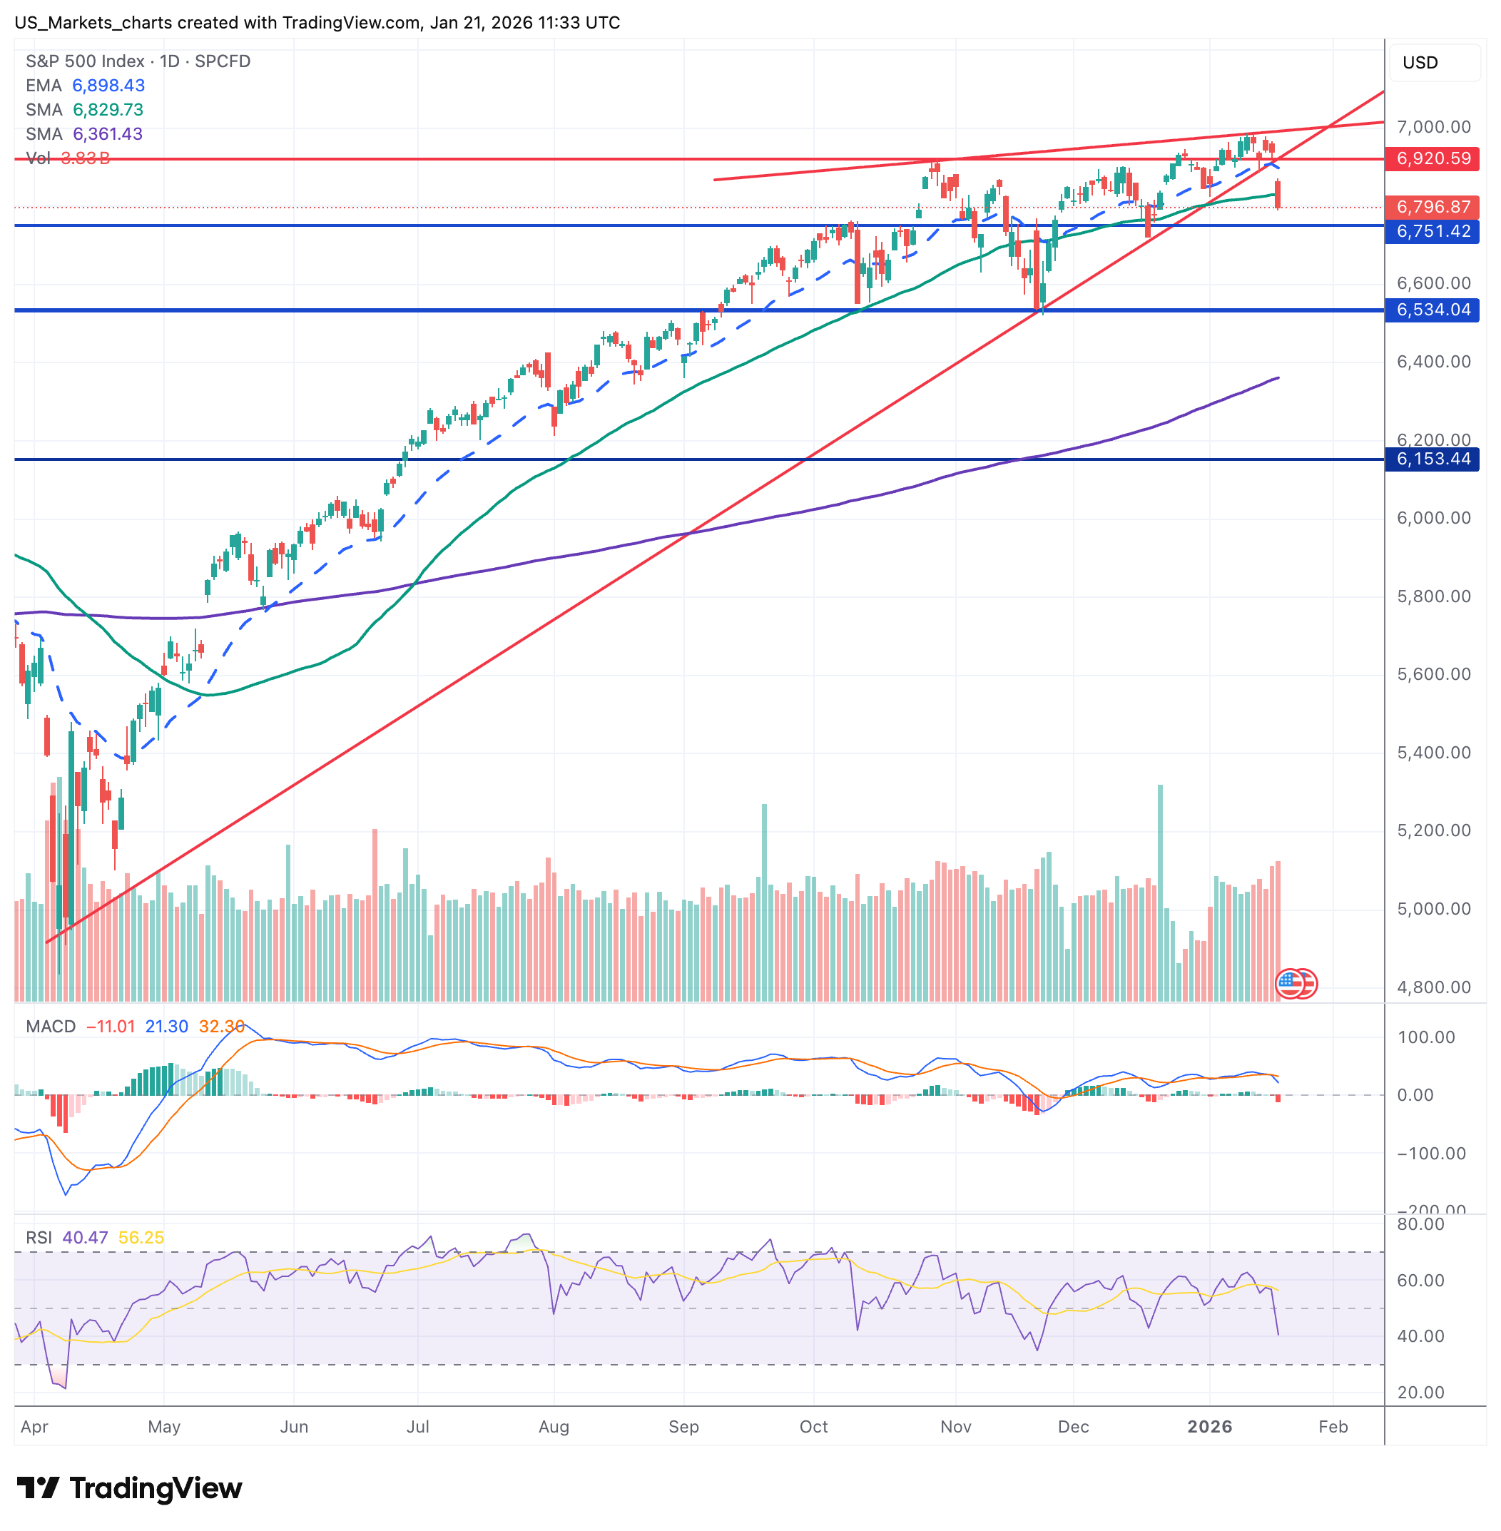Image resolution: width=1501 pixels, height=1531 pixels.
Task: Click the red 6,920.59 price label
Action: point(1433,158)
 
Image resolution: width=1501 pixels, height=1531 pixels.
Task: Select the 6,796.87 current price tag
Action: point(1433,207)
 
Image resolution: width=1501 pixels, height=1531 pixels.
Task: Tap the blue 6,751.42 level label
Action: point(1433,231)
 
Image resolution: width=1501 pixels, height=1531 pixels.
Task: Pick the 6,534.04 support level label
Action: point(1433,310)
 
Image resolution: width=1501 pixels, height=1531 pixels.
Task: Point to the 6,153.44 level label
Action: point(1433,459)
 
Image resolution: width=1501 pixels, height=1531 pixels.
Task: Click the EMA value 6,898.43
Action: point(108,85)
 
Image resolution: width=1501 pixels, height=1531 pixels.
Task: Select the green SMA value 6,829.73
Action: point(108,110)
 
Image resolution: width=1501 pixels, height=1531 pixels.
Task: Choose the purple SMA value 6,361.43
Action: point(108,134)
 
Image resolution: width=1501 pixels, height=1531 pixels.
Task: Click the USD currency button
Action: point(1420,62)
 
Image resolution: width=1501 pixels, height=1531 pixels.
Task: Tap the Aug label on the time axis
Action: point(554,1426)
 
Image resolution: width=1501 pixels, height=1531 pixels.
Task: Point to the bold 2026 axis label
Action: point(1209,1426)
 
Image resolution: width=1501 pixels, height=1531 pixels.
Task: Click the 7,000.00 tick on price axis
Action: point(1433,127)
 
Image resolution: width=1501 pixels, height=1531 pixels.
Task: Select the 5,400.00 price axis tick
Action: point(1433,752)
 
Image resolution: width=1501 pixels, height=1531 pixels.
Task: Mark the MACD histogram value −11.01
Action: point(111,1027)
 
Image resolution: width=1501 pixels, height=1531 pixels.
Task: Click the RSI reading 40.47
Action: point(85,1238)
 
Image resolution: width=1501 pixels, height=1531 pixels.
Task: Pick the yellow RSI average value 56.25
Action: point(141,1238)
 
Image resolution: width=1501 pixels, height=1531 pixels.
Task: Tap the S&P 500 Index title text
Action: point(85,61)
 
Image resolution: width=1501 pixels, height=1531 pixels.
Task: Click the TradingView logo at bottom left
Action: point(129,1488)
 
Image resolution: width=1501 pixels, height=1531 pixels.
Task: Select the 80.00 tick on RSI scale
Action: point(1420,1224)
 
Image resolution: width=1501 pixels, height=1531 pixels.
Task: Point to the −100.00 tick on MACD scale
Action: point(1430,1154)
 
